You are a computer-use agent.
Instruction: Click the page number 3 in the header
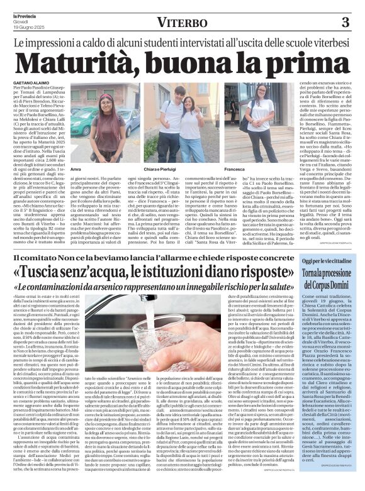pos(345,23)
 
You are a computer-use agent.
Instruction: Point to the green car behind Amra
pos(84,119)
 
